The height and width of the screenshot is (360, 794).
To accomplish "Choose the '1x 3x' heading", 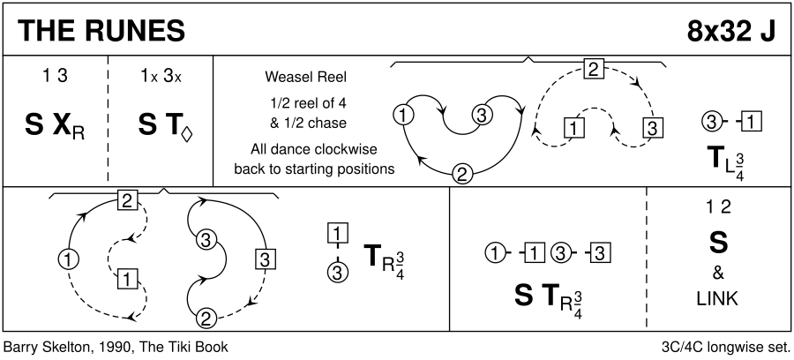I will pos(161,76).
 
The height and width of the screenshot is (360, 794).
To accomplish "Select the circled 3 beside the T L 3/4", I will pos(708,122).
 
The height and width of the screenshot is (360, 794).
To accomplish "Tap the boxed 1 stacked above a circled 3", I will pos(335,235).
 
